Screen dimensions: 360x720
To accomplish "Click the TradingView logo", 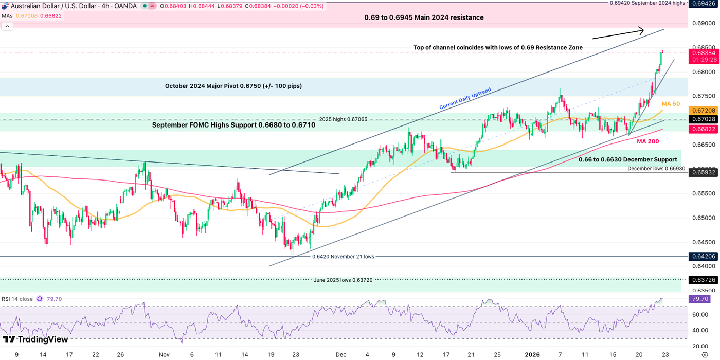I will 35,339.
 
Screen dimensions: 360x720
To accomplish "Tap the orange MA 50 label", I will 671,104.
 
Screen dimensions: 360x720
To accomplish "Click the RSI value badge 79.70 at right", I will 702,299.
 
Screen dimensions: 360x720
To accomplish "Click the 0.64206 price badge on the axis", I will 702,256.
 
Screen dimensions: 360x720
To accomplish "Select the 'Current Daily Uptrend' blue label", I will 465,99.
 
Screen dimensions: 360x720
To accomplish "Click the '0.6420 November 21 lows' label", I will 343,256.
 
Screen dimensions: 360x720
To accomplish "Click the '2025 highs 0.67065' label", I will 343,118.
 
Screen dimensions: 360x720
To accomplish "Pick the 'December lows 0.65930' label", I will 656,168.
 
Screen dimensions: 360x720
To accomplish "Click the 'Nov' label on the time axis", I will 164,355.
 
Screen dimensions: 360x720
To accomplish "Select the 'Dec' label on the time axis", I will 340,355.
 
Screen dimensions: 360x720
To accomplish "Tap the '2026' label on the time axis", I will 532,355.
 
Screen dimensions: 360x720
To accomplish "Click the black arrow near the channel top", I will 617,33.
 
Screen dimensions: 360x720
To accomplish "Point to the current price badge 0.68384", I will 702,53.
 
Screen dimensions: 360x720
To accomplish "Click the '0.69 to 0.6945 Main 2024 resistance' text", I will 424,17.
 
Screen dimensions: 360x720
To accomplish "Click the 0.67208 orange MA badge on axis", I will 702,111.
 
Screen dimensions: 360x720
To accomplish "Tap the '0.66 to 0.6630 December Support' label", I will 627,160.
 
